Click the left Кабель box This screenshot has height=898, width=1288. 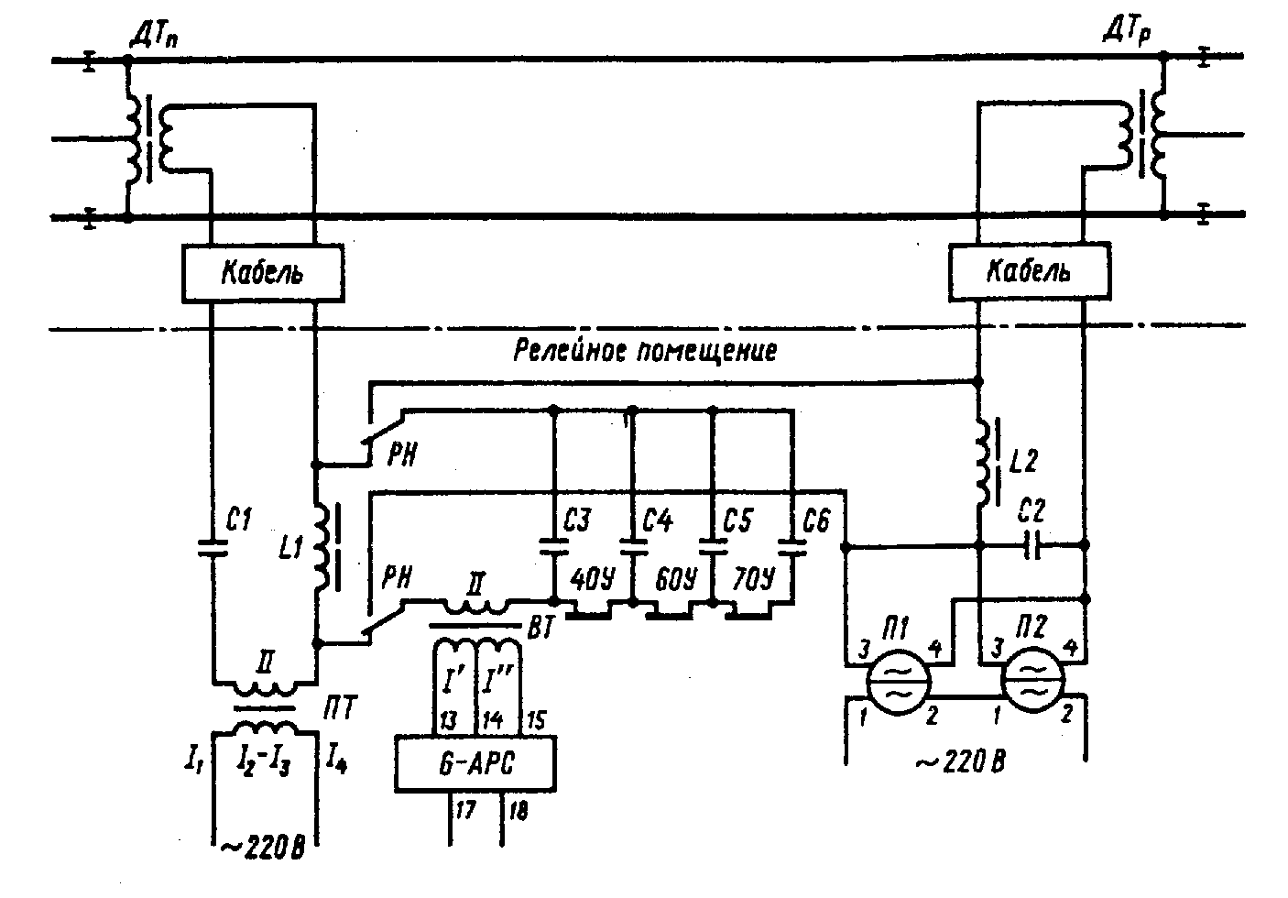(x=263, y=273)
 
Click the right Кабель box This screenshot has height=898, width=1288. (x=1030, y=271)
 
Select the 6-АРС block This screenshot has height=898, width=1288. (x=475, y=764)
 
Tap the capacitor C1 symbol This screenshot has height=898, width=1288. (x=213, y=548)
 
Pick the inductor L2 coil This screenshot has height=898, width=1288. (x=985, y=463)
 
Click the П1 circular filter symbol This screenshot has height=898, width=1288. (x=898, y=682)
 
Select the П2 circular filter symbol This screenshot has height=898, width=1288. (x=1032, y=681)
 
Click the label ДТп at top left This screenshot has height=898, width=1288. (x=154, y=37)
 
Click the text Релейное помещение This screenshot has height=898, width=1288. (x=645, y=350)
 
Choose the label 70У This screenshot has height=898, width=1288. (x=753, y=579)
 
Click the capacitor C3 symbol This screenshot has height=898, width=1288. (x=553, y=546)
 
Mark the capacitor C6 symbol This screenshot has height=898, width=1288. (x=792, y=546)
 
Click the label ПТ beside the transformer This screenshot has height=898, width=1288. (x=340, y=707)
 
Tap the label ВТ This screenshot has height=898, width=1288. (x=540, y=629)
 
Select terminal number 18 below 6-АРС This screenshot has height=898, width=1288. (x=518, y=811)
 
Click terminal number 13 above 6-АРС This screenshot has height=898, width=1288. (x=447, y=720)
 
